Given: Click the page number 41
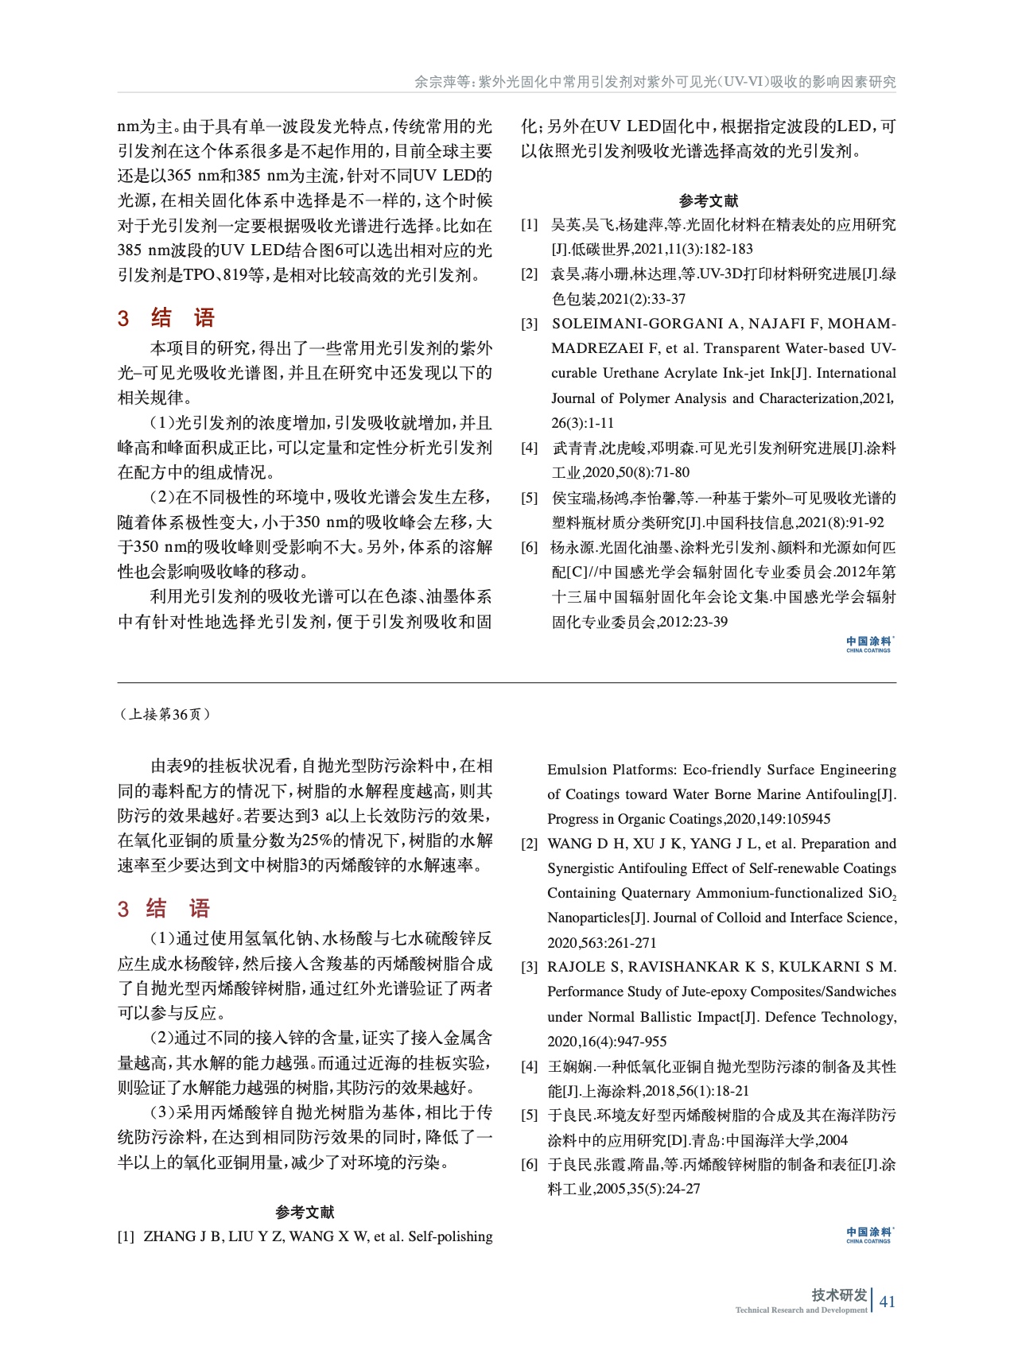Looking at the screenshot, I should (x=888, y=1302).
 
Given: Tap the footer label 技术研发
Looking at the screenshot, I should (x=839, y=1294).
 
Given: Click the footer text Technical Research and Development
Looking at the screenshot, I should (x=801, y=1310).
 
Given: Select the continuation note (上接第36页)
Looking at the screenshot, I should (x=165, y=714).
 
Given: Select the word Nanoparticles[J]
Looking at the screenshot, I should (x=596, y=918).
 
